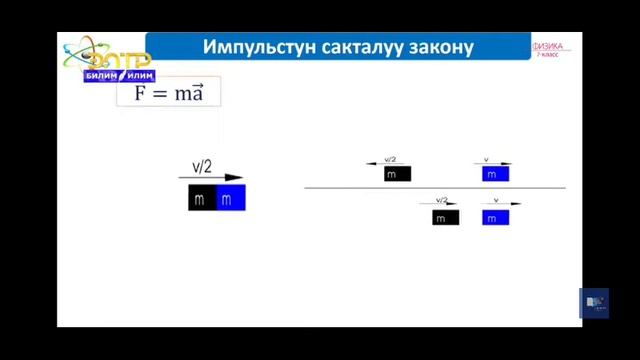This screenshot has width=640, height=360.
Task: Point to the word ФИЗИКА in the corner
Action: click(x=549, y=46)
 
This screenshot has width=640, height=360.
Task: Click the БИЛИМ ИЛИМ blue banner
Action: click(x=119, y=75)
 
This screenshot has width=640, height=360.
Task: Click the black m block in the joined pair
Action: click(x=201, y=199)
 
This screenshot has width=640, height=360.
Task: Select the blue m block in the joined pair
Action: click(x=230, y=199)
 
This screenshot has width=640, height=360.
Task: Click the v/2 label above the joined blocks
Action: click(x=202, y=167)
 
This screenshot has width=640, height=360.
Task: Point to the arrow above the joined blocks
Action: click(x=211, y=178)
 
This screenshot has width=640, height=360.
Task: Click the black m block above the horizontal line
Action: click(x=397, y=174)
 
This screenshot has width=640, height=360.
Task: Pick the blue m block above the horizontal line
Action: click(x=495, y=174)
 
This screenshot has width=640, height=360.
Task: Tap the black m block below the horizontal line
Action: click(x=445, y=217)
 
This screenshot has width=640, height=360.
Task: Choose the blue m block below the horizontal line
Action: click(x=495, y=217)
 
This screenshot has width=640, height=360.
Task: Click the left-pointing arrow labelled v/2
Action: click(x=388, y=163)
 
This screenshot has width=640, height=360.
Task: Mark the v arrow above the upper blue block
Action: click(x=493, y=163)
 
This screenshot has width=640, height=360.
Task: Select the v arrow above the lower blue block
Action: click(x=501, y=204)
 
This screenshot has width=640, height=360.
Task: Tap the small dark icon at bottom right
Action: click(x=594, y=303)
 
